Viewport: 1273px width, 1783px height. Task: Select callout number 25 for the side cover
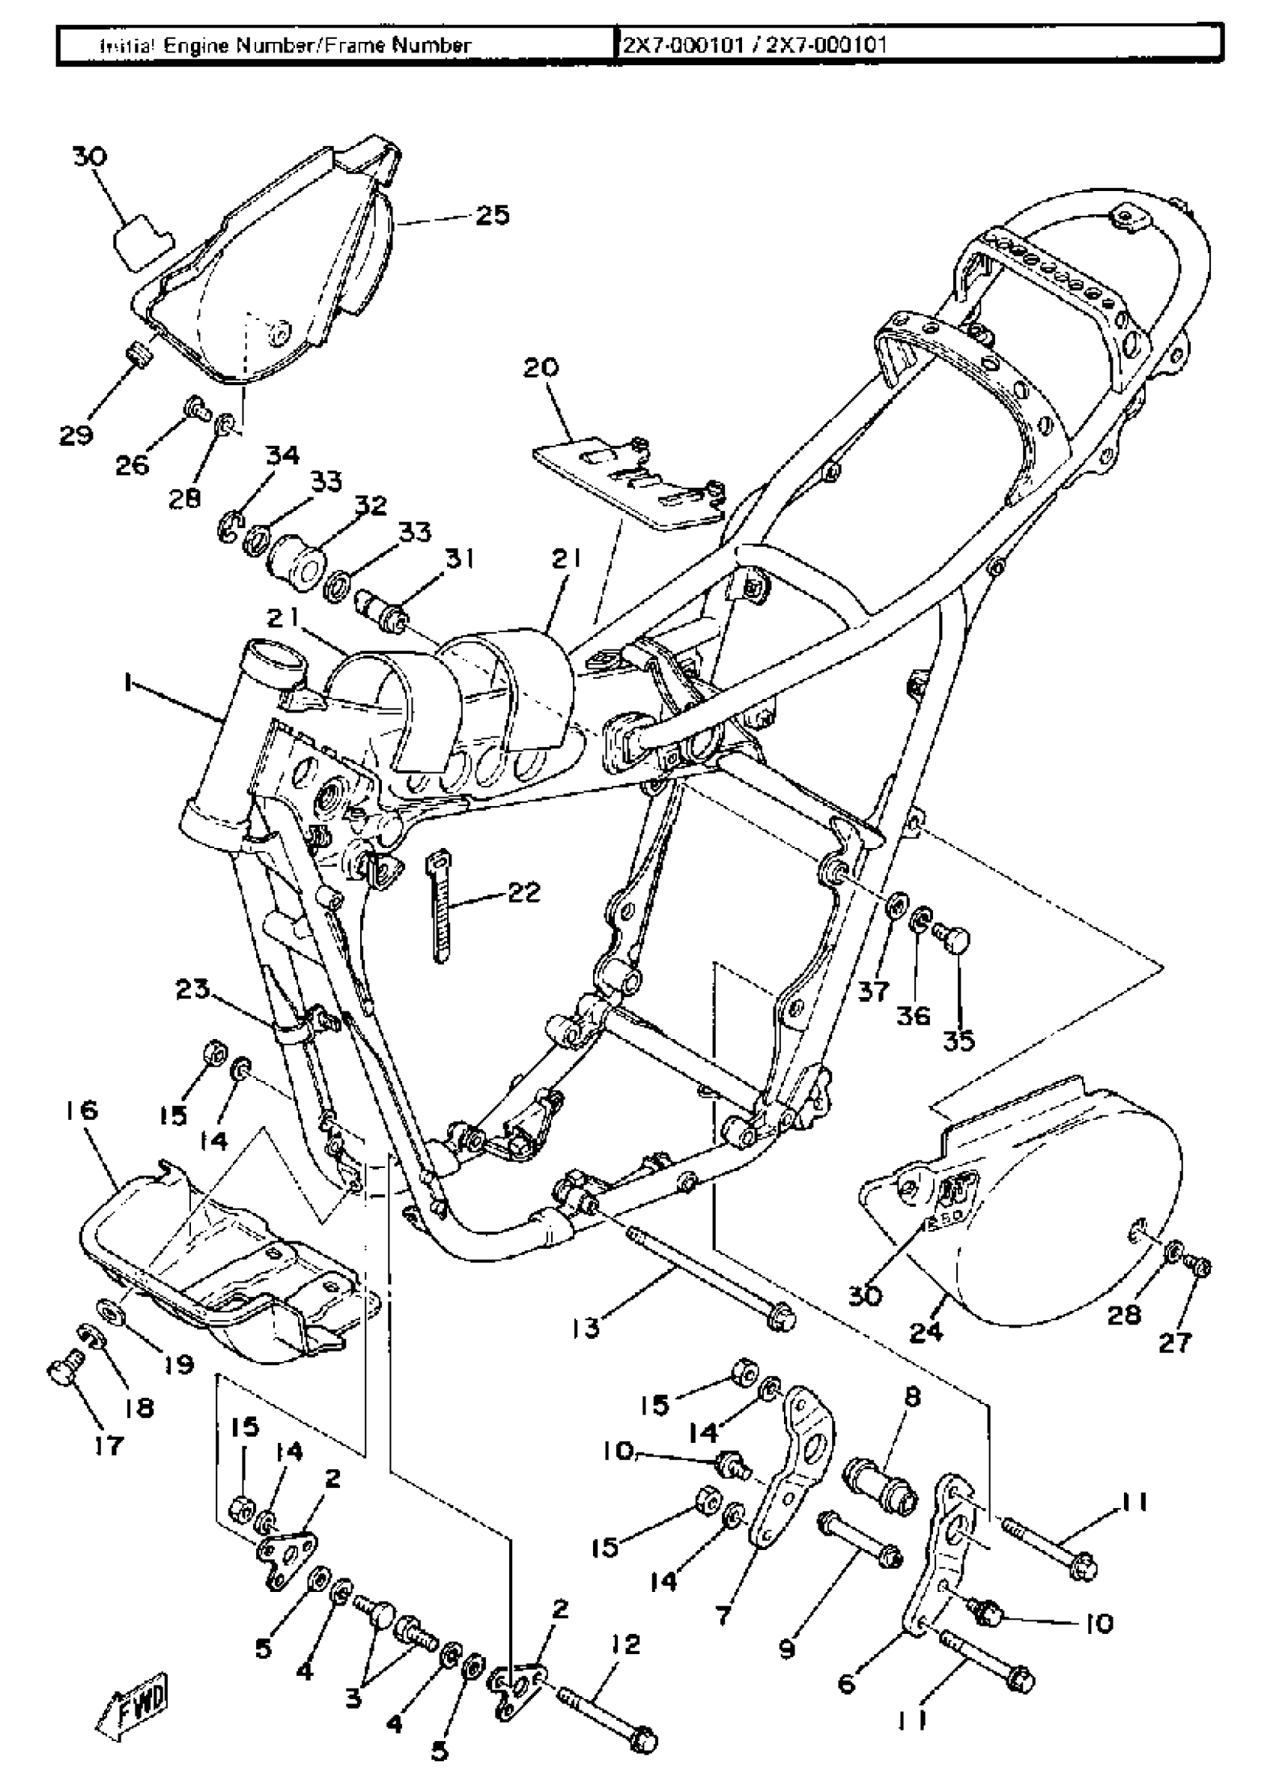(493, 215)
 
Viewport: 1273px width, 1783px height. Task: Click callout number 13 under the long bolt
(586, 1328)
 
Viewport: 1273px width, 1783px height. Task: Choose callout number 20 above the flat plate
(541, 368)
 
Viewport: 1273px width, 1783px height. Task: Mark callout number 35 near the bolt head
(958, 1041)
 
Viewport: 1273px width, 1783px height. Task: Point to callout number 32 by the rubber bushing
(371, 506)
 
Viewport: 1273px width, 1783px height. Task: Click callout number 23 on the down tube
(192, 990)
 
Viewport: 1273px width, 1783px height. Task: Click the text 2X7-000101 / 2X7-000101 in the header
(753, 45)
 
